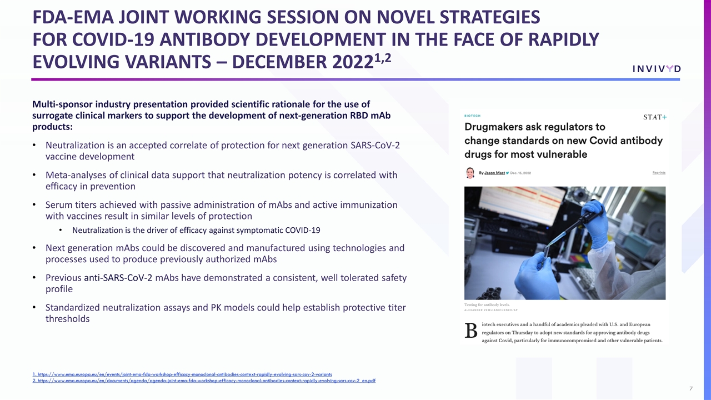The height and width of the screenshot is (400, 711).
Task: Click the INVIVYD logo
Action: (x=656, y=69)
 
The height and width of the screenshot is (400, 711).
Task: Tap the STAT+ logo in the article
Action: (x=654, y=117)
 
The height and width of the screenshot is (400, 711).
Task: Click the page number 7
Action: (x=690, y=388)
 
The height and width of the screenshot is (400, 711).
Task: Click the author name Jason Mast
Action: (x=494, y=173)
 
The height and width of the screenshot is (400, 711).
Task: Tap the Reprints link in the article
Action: (x=658, y=173)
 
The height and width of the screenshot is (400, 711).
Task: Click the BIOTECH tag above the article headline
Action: (x=473, y=116)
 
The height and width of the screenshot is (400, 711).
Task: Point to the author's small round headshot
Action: (x=470, y=173)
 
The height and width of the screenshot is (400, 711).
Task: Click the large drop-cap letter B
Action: (x=470, y=331)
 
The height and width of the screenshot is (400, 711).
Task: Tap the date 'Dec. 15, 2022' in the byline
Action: (x=520, y=173)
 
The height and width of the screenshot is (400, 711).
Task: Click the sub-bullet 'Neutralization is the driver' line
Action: (x=196, y=230)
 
